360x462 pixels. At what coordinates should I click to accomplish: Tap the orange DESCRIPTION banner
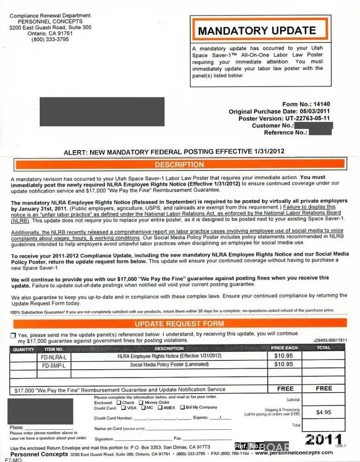[x=179, y=164]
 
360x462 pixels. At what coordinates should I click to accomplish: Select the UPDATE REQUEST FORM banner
[x=179, y=324]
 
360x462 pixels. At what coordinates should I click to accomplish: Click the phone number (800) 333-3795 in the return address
[x=50, y=40]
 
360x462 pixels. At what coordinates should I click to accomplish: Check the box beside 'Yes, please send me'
[x=13, y=335]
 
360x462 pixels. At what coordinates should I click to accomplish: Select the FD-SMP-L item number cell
[x=54, y=365]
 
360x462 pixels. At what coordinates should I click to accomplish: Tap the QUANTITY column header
[x=23, y=349]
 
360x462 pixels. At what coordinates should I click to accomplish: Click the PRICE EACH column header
[x=284, y=348]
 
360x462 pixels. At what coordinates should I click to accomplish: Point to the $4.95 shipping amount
[x=323, y=412]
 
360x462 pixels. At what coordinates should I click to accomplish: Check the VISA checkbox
[x=123, y=407]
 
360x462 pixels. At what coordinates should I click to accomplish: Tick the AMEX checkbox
[x=160, y=407]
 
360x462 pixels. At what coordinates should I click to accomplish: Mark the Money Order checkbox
[x=141, y=402]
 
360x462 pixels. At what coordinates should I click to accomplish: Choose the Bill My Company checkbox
[x=182, y=407]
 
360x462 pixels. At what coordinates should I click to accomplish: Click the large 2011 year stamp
[x=324, y=439]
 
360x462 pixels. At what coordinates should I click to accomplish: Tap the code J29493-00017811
[x=330, y=340]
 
